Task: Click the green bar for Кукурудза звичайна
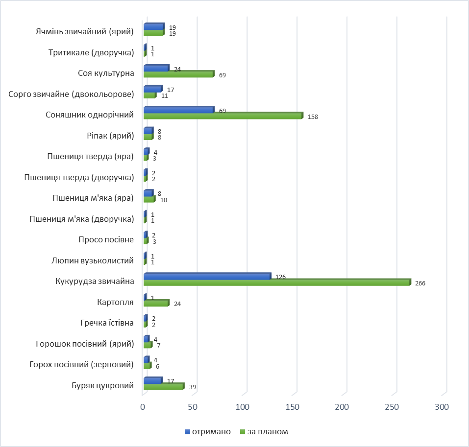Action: [277, 282]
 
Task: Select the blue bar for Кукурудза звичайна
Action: [207, 276]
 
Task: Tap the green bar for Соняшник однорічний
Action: [223, 116]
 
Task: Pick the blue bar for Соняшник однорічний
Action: [178, 110]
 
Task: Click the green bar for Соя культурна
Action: [178, 74]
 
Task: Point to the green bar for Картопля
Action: [156, 304]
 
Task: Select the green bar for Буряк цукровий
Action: [163, 387]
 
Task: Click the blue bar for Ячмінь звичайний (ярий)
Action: [153, 26]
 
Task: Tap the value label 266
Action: [420, 283]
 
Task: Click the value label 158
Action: [313, 117]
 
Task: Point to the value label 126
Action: [280, 277]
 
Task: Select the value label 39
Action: [192, 387]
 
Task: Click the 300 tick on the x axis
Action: [443, 407]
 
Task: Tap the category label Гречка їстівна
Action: [107, 323]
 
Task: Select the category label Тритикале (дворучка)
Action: [92, 52]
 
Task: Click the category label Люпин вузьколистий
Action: [92, 260]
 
